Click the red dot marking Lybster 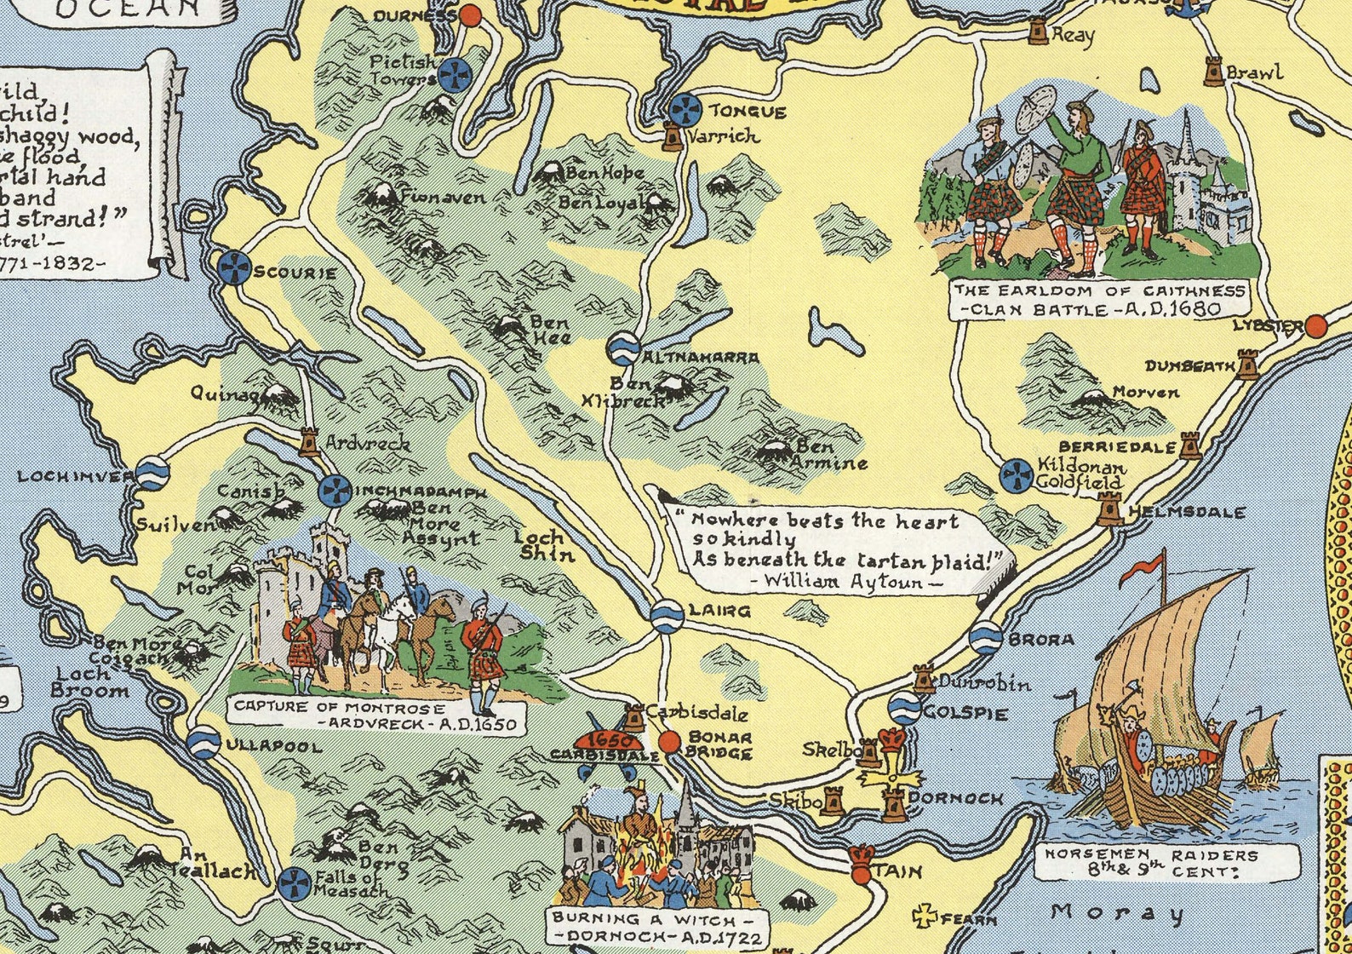pos(1316,325)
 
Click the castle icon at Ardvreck pos(308,441)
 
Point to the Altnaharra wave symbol pos(622,348)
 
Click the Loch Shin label pos(542,545)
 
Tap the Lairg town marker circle pos(666,615)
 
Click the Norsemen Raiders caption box pos(1166,862)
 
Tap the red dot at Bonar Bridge pos(670,741)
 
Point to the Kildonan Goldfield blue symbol pos(1017,474)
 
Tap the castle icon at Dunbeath pos(1247,364)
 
